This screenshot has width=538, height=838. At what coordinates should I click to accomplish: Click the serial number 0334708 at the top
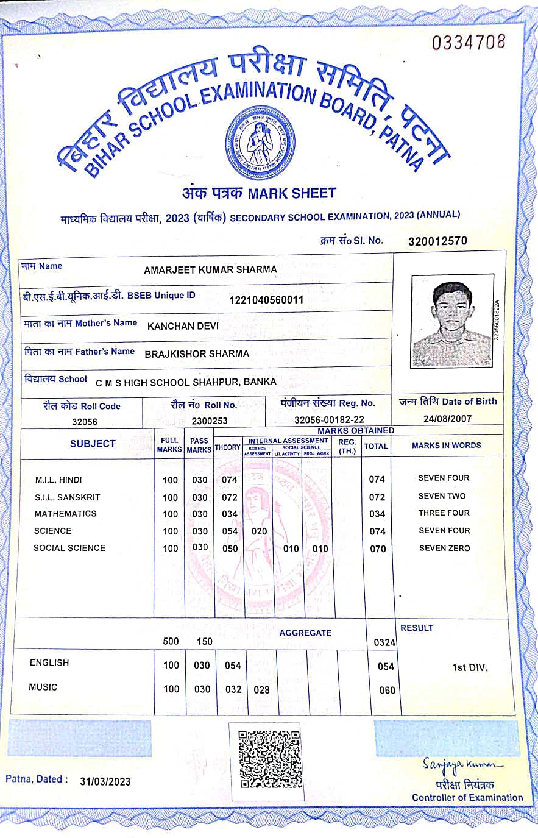click(469, 42)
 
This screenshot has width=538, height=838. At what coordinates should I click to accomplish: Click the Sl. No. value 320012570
click(437, 241)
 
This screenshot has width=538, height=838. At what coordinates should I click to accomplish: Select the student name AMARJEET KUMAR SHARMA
click(210, 269)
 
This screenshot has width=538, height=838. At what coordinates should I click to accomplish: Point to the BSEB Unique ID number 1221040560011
click(266, 300)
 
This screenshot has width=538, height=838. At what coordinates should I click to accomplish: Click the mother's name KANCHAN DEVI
click(183, 326)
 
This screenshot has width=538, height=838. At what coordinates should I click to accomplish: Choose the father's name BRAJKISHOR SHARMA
click(197, 353)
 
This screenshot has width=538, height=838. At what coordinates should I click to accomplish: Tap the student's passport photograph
click(451, 321)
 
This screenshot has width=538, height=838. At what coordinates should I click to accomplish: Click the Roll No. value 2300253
click(209, 421)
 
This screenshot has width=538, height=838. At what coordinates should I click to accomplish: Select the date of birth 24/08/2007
click(447, 419)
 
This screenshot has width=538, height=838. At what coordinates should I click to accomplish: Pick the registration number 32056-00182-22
click(329, 420)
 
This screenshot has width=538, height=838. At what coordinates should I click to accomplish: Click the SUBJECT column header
click(93, 444)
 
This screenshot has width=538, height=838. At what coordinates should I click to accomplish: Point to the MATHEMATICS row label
click(65, 514)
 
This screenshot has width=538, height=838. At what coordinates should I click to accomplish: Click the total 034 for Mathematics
click(377, 514)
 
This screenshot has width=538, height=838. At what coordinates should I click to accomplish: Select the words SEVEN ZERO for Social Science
click(444, 548)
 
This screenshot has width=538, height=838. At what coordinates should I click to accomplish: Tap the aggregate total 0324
click(384, 642)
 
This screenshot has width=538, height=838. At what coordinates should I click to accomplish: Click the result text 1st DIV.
click(469, 667)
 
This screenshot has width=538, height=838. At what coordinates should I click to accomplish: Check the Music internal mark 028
click(261, 689)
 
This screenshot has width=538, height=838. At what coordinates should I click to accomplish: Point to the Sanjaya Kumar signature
click(464, 764)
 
